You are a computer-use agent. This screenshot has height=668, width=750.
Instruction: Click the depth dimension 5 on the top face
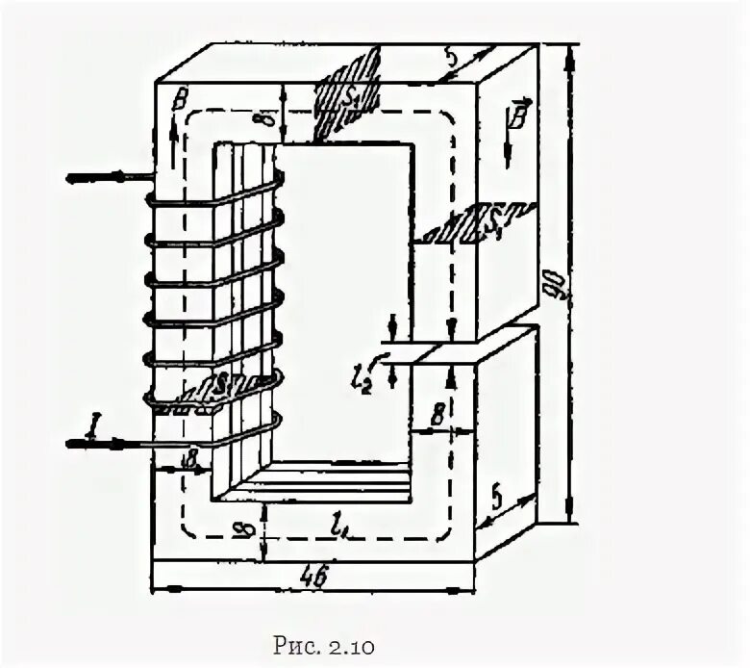tap(450, 57)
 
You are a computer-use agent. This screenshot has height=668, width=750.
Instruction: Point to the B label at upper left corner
tap(178, 99)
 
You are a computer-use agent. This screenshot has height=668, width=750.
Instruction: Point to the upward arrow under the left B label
tap(172, 130)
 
